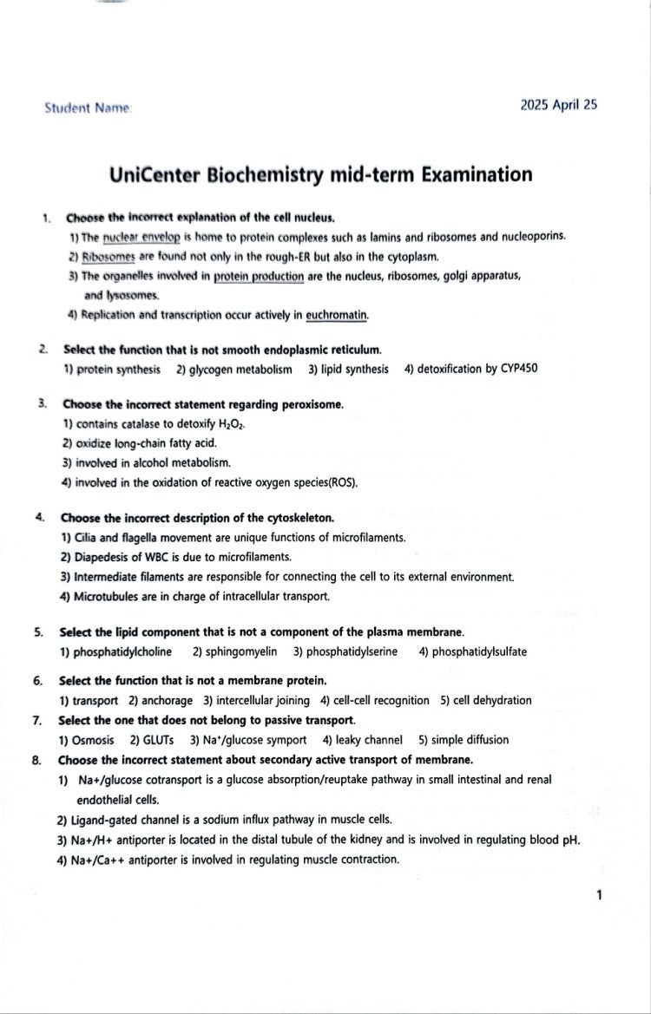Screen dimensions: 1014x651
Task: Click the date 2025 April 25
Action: point(558,105)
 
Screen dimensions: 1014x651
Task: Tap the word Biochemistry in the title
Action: point(269,175)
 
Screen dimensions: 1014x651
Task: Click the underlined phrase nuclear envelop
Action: point(141,237)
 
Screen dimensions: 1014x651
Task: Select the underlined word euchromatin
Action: point(338,315)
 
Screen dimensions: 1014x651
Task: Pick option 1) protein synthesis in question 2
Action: point(112,370)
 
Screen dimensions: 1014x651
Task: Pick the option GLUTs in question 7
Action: point(152,740)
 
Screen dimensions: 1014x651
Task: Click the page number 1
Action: point(599,897)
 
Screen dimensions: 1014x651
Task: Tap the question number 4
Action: point(40,518)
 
